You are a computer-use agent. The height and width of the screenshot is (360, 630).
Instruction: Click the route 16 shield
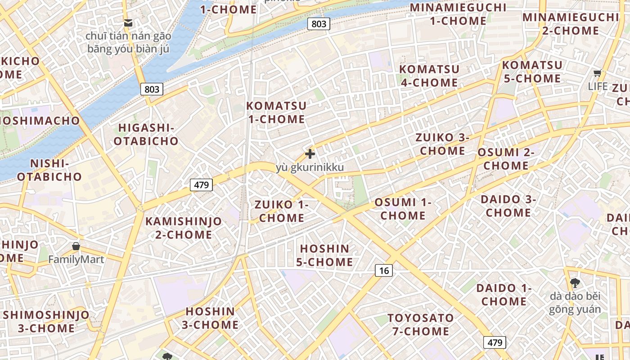383,270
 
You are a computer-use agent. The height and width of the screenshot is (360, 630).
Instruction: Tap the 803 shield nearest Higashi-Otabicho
152,89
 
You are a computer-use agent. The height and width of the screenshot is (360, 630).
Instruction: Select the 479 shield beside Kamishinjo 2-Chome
201,184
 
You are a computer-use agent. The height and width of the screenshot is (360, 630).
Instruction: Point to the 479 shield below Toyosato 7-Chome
495,342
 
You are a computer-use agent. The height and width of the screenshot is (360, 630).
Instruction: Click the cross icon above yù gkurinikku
310,154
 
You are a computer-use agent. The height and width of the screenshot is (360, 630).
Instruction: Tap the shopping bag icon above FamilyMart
76,246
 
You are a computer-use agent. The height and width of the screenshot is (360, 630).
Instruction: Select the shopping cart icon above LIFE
597,73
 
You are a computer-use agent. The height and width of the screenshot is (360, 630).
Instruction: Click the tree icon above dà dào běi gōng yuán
575,283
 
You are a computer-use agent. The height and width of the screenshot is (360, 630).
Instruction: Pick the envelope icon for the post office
128,22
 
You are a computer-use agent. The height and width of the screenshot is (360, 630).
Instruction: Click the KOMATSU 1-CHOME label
276,112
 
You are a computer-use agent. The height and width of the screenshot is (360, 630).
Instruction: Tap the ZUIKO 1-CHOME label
282,211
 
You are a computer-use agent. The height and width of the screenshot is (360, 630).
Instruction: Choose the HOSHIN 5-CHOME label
324,255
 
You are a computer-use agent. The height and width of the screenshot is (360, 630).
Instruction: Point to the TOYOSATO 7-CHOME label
420,324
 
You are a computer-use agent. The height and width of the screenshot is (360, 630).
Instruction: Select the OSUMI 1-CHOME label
403,209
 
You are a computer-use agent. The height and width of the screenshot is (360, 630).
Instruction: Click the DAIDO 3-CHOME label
508,205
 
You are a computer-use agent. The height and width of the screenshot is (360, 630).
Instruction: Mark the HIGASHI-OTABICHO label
146,134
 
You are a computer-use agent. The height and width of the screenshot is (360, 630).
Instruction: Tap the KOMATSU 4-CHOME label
429,76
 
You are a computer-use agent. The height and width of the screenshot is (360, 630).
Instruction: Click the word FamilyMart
76,259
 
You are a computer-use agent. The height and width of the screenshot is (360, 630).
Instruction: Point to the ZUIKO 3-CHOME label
442,144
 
